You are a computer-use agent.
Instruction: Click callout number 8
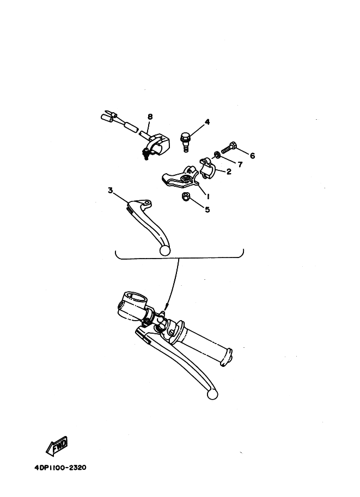(150, 116)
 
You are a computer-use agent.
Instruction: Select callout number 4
(207, 122)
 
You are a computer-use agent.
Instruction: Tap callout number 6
(253, 156)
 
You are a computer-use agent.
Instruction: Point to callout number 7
(240, 164)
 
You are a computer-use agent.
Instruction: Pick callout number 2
(229, 171)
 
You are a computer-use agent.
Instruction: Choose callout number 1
(209, 197)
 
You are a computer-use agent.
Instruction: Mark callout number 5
(208, 210)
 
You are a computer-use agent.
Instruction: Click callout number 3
(111, 190)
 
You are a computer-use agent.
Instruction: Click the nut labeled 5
(185, 197)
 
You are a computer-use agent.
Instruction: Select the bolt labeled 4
(186, 142)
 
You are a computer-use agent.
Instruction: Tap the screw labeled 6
(229, 148)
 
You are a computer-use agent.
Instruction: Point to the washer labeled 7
(217, 155)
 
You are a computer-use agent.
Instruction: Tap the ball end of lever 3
(165, 250)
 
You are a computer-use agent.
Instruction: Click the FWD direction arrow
(57, 445)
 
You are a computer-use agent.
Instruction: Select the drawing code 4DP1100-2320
(60, 468)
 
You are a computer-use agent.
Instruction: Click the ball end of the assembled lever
(212, 395)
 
